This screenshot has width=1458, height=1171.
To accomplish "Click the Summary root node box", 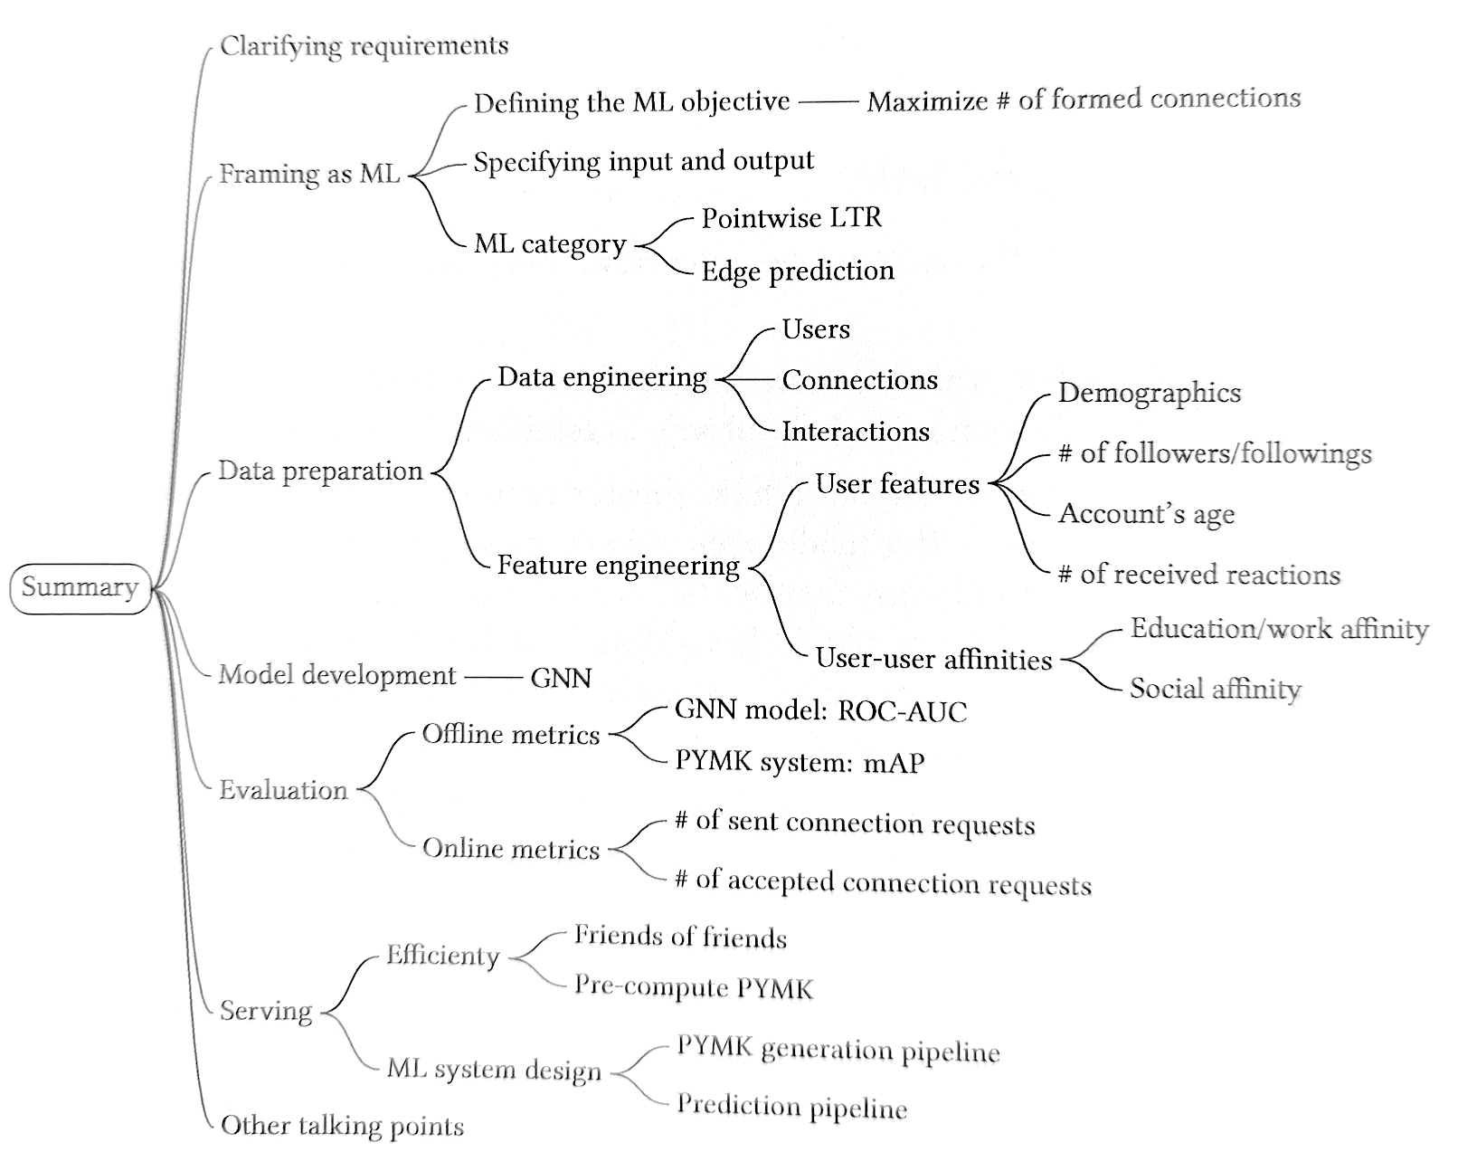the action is coord(80,588).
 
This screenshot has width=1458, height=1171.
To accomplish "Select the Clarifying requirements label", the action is coord(364,47).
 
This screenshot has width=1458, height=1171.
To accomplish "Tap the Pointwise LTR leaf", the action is coord(791,218).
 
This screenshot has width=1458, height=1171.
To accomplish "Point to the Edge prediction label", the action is coord(798,271).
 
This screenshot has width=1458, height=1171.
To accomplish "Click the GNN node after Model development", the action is coord(561,678).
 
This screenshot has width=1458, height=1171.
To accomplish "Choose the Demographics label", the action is coord(1150,394).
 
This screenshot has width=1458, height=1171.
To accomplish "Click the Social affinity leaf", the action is coord(1216,690).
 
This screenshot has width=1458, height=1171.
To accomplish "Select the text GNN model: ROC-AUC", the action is coord(820,710).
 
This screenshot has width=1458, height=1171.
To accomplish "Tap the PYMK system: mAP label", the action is coord(800,763).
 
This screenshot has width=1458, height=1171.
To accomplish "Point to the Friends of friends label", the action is coord(680,937).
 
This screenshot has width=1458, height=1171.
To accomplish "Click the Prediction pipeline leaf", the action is coord(792,1107).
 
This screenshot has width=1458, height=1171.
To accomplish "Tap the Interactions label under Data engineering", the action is coord(856,432).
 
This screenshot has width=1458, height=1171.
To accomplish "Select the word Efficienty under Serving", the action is coord(443,957).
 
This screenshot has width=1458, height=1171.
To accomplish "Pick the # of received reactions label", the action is coord(1199,575).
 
